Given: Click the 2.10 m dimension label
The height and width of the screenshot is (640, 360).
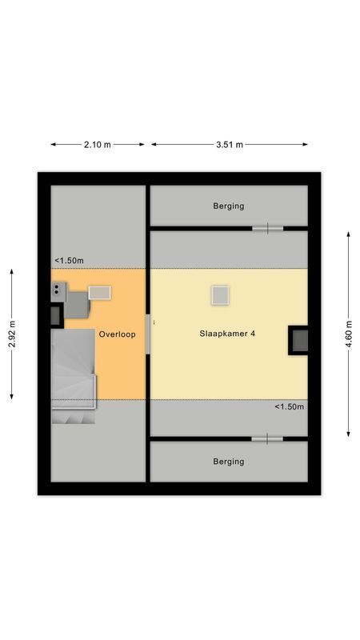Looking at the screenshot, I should (x=98, y=145).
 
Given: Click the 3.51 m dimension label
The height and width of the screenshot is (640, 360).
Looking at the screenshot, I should (x=229, y=145).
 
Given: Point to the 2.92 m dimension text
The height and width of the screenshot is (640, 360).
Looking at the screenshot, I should (x=12, y=334).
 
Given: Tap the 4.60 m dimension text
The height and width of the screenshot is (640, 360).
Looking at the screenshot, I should (x=348, y=334).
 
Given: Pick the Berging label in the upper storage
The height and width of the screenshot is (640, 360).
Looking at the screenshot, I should (x=229, y=206).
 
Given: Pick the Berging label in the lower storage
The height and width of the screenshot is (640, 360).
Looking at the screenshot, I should (x=229, y=462).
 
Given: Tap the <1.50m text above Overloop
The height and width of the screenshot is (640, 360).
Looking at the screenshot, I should (x=69, y=261).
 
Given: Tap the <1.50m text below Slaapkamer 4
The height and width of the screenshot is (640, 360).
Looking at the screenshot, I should (x=289, y=407).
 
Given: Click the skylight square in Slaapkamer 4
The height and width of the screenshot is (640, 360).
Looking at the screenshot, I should (x=221, y=295).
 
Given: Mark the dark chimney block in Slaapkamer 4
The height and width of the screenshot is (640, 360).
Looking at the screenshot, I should (x=299, y=340).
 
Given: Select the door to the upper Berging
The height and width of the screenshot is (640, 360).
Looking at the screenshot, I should (x=267, y=229).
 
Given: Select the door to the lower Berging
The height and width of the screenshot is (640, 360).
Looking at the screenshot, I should (x=267, y=438).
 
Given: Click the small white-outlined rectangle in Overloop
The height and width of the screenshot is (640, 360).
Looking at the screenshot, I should (x=100, y=292).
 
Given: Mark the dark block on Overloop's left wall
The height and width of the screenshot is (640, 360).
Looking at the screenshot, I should (x=56, y=315).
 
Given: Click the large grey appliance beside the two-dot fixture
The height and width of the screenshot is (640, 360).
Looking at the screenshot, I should (x=77, y=304).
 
